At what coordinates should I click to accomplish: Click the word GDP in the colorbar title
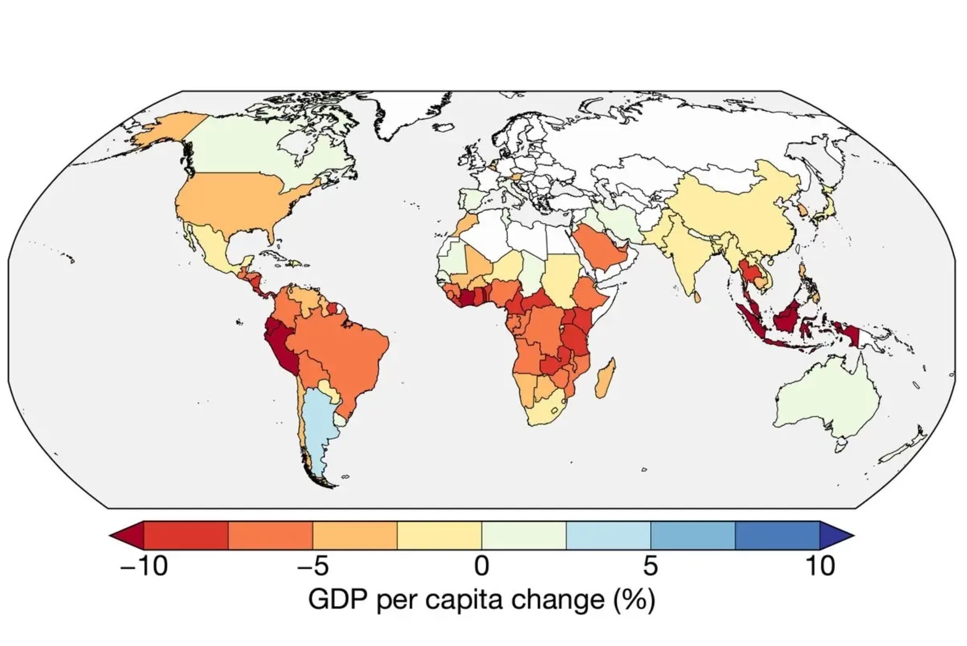[338, 600]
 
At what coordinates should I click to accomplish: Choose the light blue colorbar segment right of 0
[608, 535]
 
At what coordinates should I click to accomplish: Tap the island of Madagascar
[605, 378]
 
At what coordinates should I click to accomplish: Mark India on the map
[683, 254]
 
